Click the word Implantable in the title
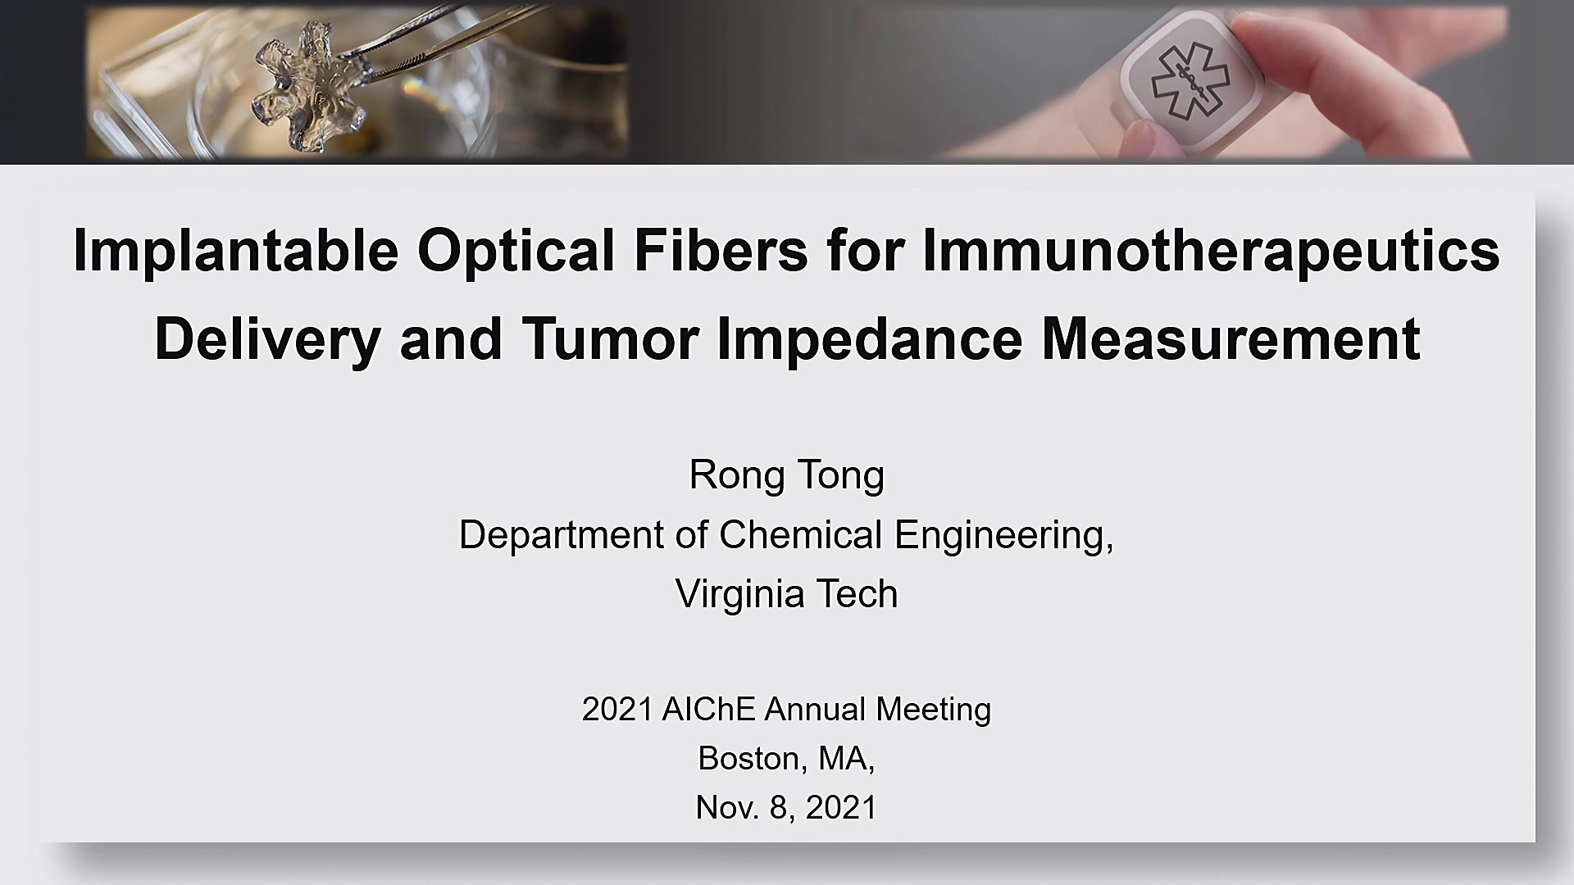tap(235, 251)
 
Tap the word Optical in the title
tap(516, 251)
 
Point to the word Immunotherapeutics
tap(1211, 251)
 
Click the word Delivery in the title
tap(266, 339)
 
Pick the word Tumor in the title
tap(610, 339)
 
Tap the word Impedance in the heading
tap(869, 339)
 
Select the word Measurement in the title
tap(1231, 339)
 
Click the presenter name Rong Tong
tap(787, 475)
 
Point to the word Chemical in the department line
tap(801, 534)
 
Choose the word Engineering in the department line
tap(1004, 536)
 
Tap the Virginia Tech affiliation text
tap(787, 593)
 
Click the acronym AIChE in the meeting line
tap(708, 709)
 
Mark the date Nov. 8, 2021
tap(787, 808)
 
